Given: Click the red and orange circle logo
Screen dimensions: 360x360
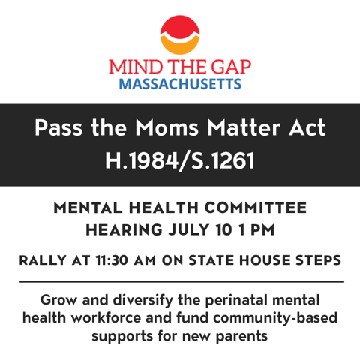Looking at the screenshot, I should (x=180, y=34).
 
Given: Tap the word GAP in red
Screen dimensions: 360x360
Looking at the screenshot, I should (x=229, y=67).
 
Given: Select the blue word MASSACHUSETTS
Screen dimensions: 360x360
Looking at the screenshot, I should (x=180, y=84).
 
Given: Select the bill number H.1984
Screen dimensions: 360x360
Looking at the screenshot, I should (x=138, y=160).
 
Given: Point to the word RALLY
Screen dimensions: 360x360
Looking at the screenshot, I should (x=46, y=260).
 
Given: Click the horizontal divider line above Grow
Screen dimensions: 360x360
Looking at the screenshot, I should (x=180, y=280).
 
